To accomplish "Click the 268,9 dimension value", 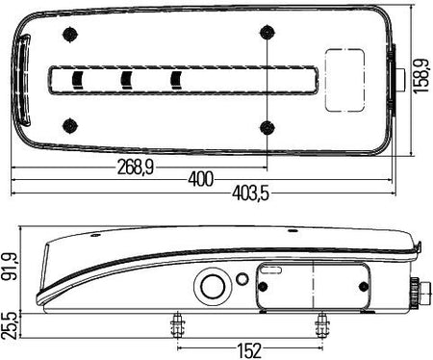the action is click(x=136, y=167).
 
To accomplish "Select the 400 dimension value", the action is click(x=201, y=179).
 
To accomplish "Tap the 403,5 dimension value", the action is click(x=250, y=193).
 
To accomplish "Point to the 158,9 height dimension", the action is click(x=421, y=76).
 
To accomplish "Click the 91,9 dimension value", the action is click(x=10, y=267).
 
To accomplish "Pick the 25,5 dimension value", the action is click(x=9, y=325).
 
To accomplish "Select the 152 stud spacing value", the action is click(x=249, y=350).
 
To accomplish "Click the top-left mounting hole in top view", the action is click(x=70, y=35).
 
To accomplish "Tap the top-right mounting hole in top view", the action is click(x=267, y=33).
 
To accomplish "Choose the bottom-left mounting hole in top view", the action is click(x=70, y=125).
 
